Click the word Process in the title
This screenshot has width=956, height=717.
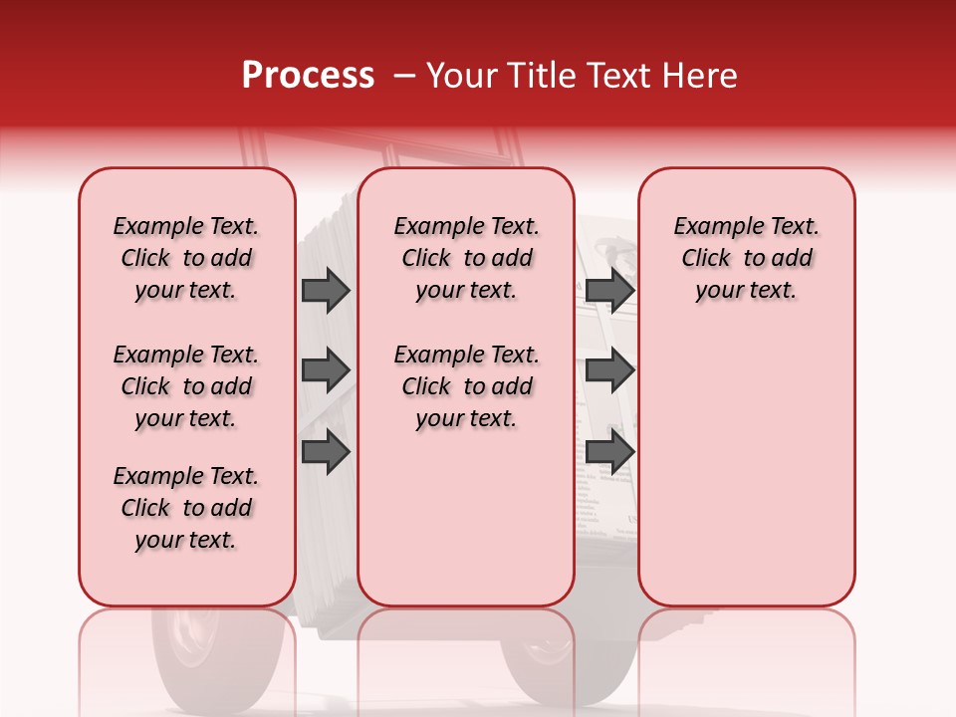point(308,76)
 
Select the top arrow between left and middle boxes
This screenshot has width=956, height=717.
point(326,290)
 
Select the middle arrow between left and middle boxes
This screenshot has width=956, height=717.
point(326,370)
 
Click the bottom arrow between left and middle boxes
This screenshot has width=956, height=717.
point(326,451)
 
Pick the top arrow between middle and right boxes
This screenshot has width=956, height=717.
point(610,290)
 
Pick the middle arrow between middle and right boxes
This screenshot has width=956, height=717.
point(610,370)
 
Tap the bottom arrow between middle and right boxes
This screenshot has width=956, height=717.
point(610,451)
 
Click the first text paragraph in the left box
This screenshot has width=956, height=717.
point(186,258)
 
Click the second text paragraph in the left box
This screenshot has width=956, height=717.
point(186,386)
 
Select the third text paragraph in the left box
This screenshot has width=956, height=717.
point(186,508)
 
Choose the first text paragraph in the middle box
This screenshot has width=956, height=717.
point(467,258)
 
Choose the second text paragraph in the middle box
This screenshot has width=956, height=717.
point(467,386)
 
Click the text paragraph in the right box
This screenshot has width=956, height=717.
point(747,258)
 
